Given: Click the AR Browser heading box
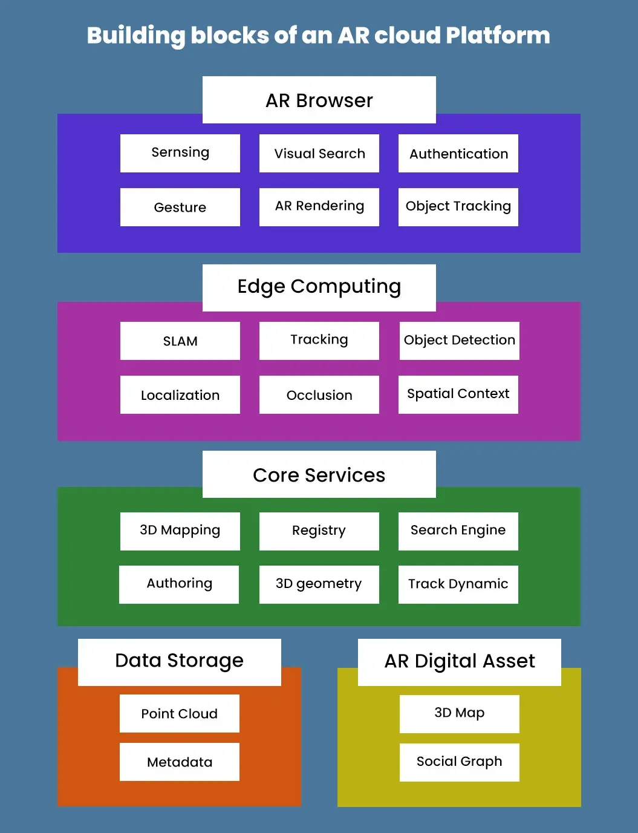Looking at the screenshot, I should click(x=319, y=100).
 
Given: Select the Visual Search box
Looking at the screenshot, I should click(x=319, y=154).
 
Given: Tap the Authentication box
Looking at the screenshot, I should click(x=458, y=154).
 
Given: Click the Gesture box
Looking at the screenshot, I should click(x=180, y=207).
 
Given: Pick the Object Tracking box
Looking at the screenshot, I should click(x=458, y=207).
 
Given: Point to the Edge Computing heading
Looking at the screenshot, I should click(x=319, y=287).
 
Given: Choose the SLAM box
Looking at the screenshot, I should click(x=180, y=341).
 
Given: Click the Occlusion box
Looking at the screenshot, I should click(x=319, y=394).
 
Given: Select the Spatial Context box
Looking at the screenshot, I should click(x=458, y=394).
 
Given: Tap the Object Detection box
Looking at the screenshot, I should click(x=459, y=341).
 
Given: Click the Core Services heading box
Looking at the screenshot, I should click(x=319, y=474).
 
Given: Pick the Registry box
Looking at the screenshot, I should click(x=319, y=531).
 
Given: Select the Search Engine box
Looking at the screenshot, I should click(x=458, y=531).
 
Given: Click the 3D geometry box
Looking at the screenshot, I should click(x=319, y=584).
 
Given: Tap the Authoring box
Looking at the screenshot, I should click(x=179, y=584).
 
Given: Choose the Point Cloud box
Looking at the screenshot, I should click(x=179, y=713).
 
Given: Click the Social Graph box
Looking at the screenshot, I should click(x=459, y=762).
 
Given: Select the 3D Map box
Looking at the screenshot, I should click(x=459, y=713).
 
